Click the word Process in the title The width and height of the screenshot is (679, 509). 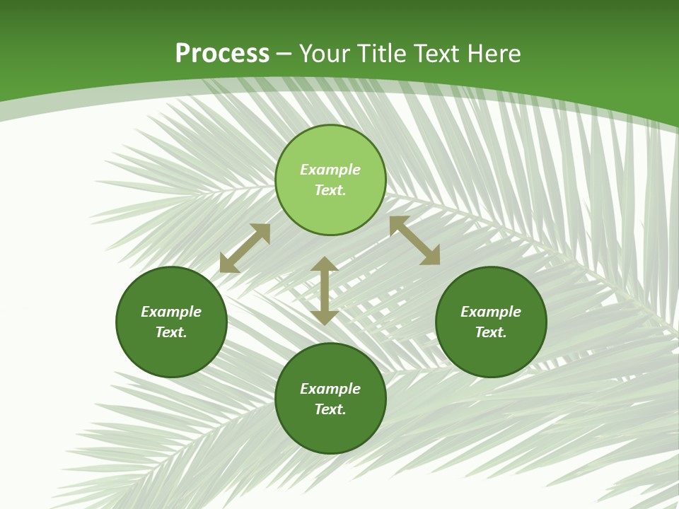click(222, 54)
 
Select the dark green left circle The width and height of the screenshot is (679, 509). click(171, 353)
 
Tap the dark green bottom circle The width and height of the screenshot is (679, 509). click(330, 431)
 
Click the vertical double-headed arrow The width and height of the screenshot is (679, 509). click(325, 291)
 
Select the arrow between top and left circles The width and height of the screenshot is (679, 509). click(245, 248)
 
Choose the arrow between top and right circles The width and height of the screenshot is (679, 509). click(414, 240)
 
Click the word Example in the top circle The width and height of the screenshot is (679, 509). click(330, 170)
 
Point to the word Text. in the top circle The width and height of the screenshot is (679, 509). click(330, 190)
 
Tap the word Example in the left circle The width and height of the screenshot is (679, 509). click(171, 312)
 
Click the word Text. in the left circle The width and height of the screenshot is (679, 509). click(171, 332)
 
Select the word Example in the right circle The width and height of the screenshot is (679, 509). click(491, 312)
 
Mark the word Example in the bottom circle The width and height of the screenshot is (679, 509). click(330, 389)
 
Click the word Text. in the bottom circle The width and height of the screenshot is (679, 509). click(330, 409)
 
